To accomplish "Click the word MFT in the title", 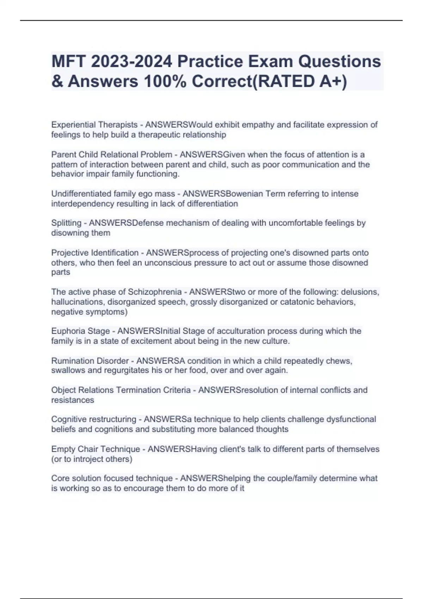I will pos(69,62).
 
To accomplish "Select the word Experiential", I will pos(73,125).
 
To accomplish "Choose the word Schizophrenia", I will pos(154,292).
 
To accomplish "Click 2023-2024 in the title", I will pos(131,62).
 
